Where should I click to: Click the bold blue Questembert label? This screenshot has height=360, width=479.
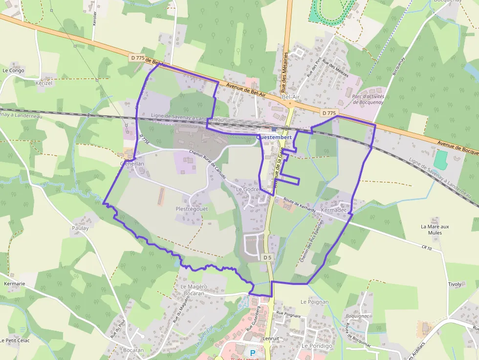coord(274,137)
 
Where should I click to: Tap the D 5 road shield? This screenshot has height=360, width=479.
coord(267,257)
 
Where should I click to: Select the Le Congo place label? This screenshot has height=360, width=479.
coord(13,70)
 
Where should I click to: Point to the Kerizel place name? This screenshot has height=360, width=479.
coord(44,83)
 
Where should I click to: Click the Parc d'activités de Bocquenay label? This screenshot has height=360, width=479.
coord(368,99)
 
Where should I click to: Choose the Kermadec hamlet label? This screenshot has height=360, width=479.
coord(334,210)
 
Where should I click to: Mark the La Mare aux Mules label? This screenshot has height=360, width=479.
coord(435,230)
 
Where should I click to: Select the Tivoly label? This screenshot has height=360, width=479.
coord(455,284)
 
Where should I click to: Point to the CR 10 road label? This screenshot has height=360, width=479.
coord(426,249)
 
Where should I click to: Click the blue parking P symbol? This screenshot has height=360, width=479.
coord(253,353)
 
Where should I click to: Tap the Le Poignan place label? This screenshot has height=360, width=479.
coord(315,302)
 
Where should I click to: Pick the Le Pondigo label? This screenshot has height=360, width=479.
coord(317,346)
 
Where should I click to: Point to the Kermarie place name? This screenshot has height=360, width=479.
coord(14,283)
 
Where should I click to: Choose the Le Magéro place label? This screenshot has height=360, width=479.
coord(194,286)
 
